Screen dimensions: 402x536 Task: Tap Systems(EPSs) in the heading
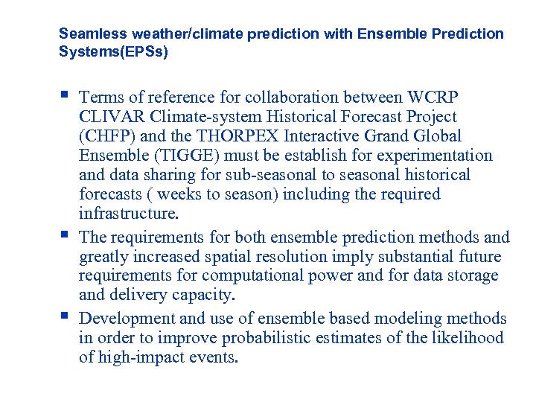(113, 52)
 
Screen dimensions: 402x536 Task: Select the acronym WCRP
(433, 98)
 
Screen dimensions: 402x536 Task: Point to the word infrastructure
(129, 214)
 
